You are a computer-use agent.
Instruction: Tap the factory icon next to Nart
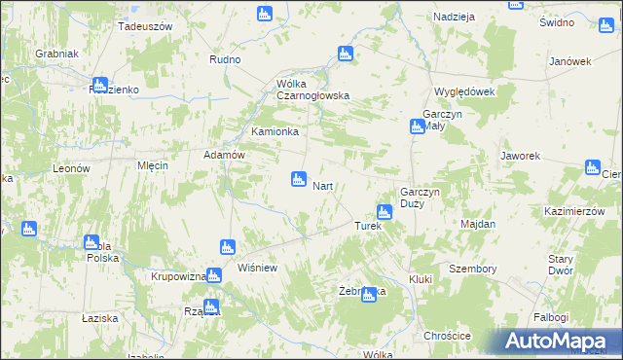[299, 179]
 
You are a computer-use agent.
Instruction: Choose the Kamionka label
[275, 131]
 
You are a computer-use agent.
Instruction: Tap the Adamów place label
[222, 155]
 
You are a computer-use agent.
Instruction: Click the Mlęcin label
[153, 165]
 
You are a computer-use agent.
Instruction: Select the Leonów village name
[71, 168]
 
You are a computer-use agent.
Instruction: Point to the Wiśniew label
[258, 268]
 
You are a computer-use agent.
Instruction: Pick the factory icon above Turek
[385, 211]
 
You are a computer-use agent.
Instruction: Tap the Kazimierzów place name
[569, 211]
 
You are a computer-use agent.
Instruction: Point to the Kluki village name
[421, 279]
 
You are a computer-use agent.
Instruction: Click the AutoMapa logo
[560, 341]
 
